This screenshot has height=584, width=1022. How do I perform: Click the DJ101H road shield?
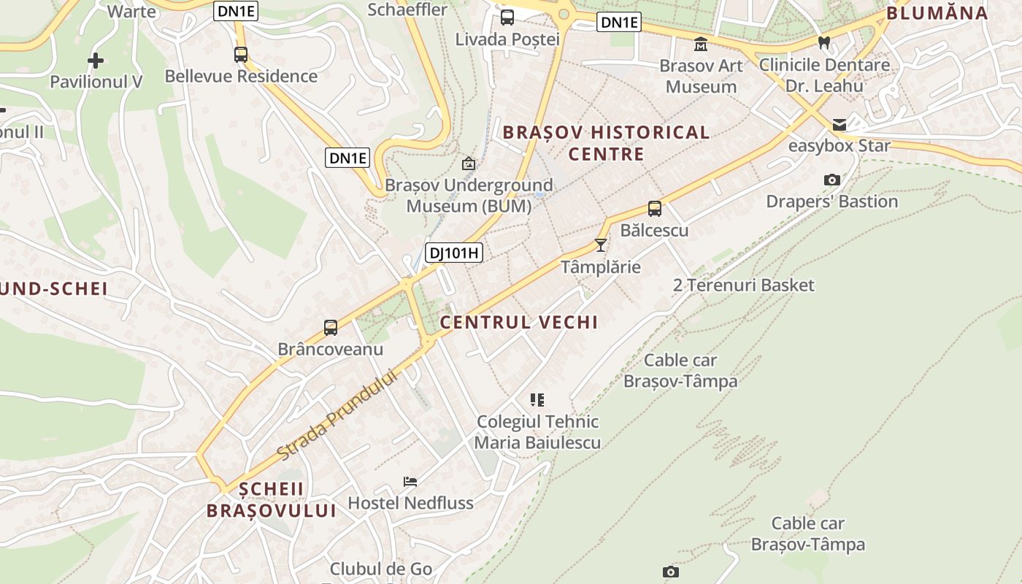(454, 253)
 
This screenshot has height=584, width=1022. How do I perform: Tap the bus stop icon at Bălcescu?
(655, 209)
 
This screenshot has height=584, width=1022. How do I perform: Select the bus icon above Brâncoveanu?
(331, 328)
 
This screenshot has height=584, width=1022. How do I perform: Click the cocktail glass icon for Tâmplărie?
(601, 245)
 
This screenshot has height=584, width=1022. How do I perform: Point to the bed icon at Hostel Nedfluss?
(410, 482)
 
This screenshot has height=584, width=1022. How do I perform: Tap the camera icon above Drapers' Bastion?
(831, 180)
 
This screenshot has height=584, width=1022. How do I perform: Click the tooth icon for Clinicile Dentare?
(824, 43)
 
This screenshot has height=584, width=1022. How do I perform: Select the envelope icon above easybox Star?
(839, 125)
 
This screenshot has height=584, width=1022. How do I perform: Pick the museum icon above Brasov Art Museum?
(701, 44)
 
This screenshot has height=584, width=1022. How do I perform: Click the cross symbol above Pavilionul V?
(96, 61)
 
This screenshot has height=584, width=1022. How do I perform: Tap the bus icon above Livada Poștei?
(507, 18)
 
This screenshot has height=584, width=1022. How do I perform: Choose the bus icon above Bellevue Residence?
(241, 54)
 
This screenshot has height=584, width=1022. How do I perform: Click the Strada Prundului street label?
(337, 415)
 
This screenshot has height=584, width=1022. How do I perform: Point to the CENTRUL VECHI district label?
(518, 322)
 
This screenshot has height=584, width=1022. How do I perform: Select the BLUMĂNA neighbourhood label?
(937, 12)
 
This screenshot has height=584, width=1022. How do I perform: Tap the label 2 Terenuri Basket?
(743, 285)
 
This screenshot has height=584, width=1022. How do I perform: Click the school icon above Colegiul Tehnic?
(537, 399)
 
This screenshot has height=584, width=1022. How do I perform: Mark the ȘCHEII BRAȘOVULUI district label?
(271, 499)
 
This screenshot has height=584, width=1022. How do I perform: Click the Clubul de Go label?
(381, 569)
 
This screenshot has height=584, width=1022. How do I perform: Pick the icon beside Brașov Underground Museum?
(469, 164)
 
